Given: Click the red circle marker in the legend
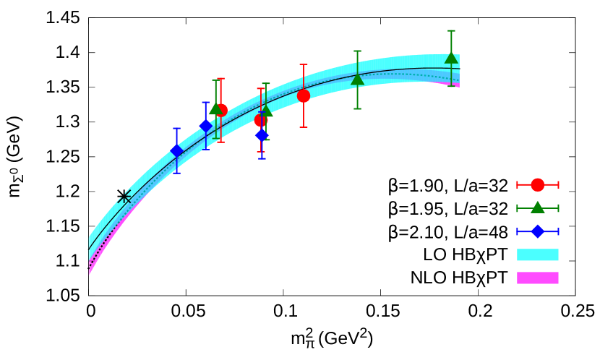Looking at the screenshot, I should (x=537, y=185).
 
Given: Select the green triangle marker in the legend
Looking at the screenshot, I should (x=537, y=207).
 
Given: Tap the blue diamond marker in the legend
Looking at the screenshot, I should (x=537, y=231).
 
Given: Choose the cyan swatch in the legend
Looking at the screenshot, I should (x=537, y=254).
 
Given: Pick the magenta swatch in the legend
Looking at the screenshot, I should (x=537, y=278).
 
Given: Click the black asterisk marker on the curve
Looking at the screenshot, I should (x=124, y=197).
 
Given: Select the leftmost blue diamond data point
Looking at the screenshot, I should (x=176, y=150).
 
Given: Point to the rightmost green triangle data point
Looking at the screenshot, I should (x=451, y=58).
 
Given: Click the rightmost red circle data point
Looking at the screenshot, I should (x=304, y=95).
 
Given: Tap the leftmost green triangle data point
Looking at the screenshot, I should (x=215, y=108).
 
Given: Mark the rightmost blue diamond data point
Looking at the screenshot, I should (x=262, y=134).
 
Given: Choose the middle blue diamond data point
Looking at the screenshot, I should (x=205, y=126).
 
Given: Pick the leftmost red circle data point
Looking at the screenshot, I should (x=221, y=110).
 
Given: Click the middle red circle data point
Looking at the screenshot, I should (x=260, y=120).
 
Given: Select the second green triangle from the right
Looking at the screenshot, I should (x=357, y=80).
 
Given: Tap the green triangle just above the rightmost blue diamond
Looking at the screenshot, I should (x=266, y=111).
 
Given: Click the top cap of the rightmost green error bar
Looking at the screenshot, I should (x=451, y=31).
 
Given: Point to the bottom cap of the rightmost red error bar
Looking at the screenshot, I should (x=304, y=127).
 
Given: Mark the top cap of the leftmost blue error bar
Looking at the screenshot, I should (x=176, y=129).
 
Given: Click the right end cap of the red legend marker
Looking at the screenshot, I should (x=558, y=185).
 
